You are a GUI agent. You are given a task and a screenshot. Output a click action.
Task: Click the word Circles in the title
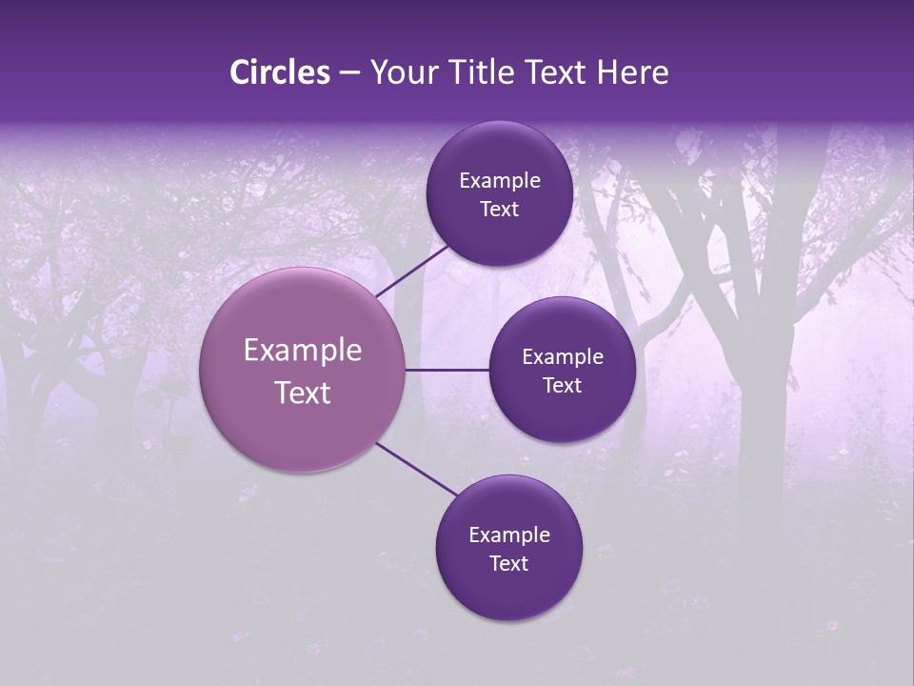pyautogui.click(x=280, y=72)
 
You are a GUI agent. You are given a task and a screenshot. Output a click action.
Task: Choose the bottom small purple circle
pyautogui.click(x=508, y=591)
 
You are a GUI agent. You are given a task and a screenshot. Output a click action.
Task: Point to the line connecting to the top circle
pyautogui.click(x=414, y=270)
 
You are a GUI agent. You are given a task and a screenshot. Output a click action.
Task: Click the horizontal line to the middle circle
pyautogui.click(x=447, y=370)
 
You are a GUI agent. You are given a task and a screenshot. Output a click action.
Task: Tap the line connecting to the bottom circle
pyautogui.click(x=417, y=471)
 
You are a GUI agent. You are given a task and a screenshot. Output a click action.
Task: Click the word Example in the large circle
pyautogui.click(x=303, y=351)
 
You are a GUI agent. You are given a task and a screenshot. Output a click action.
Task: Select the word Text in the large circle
pyautogui.click(x=303, y=393)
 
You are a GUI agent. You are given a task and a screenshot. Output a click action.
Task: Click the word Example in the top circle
pyautogui.click(x=500, y=181)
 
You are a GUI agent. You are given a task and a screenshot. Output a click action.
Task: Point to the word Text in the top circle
pyautogui.click(x=500, y=210)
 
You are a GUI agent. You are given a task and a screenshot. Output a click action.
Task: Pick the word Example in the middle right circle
pyautogui.click(x=563, y=357)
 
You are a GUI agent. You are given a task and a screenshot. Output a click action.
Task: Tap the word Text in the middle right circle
pyautogui.click(x=563, y=386)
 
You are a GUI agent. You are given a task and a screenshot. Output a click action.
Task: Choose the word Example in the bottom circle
pyautogui.click(x=509, y=535)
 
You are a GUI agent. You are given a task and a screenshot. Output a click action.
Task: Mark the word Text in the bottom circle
pyautogui.click(x=509, y=564)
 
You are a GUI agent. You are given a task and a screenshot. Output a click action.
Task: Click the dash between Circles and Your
pyautogui.click(x=349, y=73)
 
